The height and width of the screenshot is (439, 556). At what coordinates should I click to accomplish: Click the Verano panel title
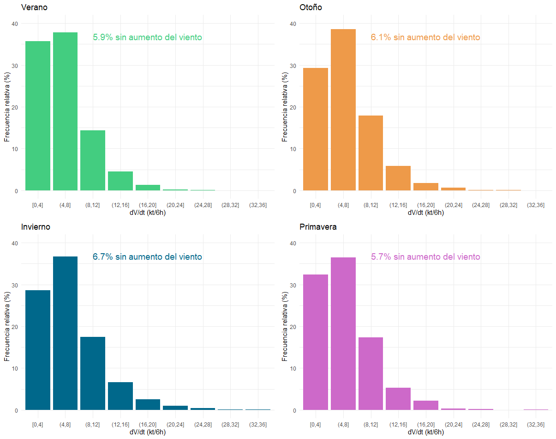tap(34, 7)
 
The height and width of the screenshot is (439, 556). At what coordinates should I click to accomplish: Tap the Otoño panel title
tap(311, 7)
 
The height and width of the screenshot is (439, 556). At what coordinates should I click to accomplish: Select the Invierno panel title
tap(36, 227)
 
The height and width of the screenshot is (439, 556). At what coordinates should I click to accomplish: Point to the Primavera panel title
tap(318, 227)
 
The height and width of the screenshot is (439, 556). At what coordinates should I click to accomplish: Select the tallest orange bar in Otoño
tap(343, 110)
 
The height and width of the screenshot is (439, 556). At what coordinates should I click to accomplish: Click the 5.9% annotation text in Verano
tap(147, 37)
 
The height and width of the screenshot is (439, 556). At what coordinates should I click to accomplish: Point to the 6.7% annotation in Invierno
tap(147, 257)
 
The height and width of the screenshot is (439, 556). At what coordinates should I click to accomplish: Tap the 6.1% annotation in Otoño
tap(425, 37)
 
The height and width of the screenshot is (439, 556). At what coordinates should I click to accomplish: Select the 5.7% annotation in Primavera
tap(425, 257)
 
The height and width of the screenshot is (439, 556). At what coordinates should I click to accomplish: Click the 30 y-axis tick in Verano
tap(15, 66)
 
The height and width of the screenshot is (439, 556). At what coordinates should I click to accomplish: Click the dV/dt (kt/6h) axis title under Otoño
tap(426, 213)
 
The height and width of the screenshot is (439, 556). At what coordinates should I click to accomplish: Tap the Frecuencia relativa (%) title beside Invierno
tap(7, 326)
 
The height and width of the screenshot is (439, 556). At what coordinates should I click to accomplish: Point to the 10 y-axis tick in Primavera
tap(293, 369)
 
